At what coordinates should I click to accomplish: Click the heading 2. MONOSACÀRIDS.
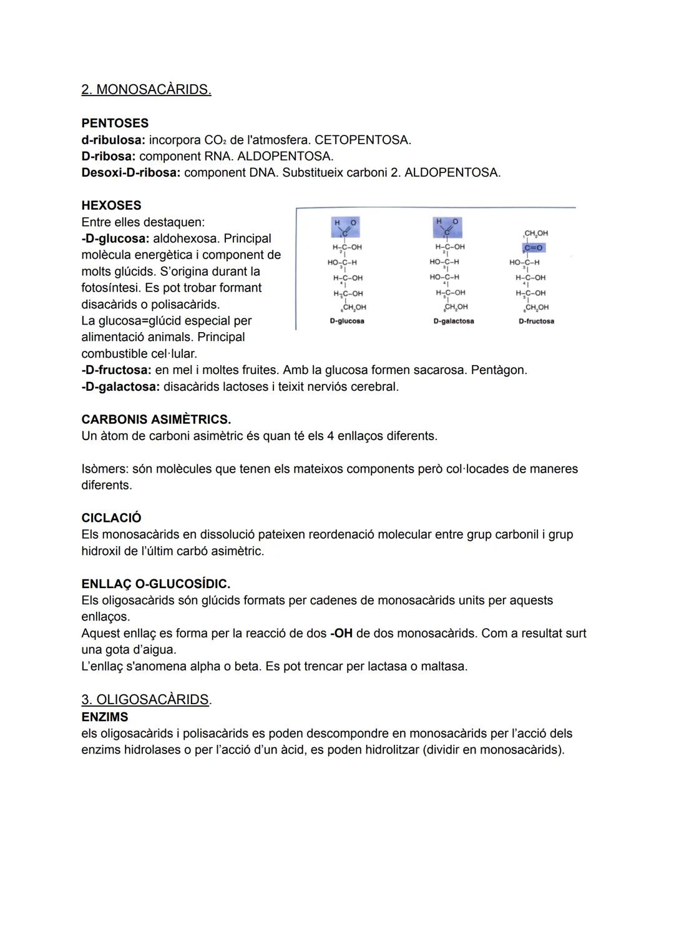pyautogui.click(x=146, y=90)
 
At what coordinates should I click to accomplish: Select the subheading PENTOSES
pyautogui.click(x=115, y=123)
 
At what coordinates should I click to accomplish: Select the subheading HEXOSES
pyautogui.click(x=111, y=205)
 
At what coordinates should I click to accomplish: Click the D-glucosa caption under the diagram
pyautogui.click(x=347, y=321)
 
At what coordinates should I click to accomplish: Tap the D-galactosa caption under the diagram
pyautogui.click(x=453, y=321)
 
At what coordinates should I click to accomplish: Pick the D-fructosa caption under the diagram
pyautogui.click(x=536, y=321)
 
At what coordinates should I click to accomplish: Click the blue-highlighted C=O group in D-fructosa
pyautogui.click(x=534, y=248)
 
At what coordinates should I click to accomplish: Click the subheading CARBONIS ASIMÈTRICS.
pyautogui.click(x=156, y=420)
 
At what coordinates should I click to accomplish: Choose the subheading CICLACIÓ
pyautogui.click(x=111, y=518)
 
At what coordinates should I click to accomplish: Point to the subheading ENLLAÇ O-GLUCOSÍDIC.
pyautogui.click(x=156, y=584)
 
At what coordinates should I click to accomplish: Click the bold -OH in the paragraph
pyautogui.click(x=341, y=634)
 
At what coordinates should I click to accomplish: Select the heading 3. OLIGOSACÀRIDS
pyautogui.click(x=145, y=700)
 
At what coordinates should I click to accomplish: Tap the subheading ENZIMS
pyautogui.click(x=105, y=717)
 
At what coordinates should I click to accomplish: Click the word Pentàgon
pyautogui.click(x=499, y=370)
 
